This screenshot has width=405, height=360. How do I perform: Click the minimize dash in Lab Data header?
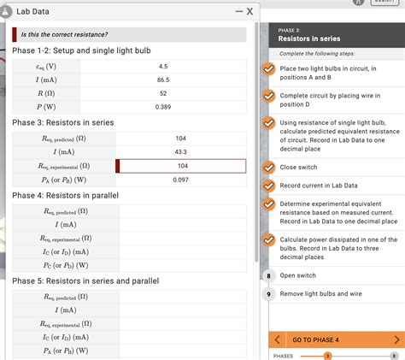[x=238, y=11]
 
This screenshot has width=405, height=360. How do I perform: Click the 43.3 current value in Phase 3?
[x=180, y=151]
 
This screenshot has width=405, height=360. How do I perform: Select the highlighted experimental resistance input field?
[x=181, y=166]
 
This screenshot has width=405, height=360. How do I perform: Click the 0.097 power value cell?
[x=180, y=180]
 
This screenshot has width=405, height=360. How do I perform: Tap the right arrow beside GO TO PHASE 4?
[x=396, y=339]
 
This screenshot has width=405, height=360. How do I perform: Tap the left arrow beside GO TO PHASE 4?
[x=278, y=339]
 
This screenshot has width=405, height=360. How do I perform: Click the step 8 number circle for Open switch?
[x=268, y=275]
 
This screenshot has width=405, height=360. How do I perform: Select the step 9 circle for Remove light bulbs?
[x=268, y=293]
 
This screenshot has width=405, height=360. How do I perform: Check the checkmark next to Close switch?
[x=268, y=167]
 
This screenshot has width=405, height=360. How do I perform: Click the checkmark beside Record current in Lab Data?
[x=268, y=186]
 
